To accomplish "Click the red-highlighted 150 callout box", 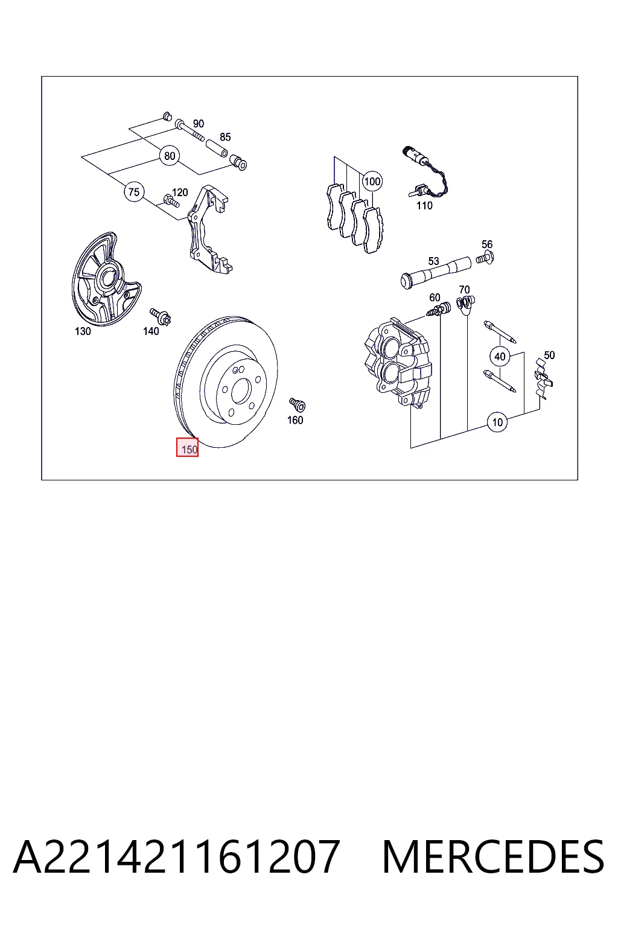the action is pyautogui.click(x=187, y=447).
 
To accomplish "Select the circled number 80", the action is pyautogui.click(x=170, y=156).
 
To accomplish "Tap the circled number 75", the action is pyautogui.click(x=134, y=192).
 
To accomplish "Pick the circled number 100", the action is pyautogui.click(x=372, y=181).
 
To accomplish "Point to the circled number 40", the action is pyautogui.click(x=500, y=356).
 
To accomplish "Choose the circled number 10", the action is pyautogui.click(x=497, y=422).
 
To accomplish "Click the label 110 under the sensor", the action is pyautogui.click(x=424, y=206).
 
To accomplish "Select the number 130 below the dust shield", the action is pyautogui.click(x=83, y=331).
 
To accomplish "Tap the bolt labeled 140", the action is pyautogui.click(x=161, y=317).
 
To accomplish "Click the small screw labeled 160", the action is pyautogui.click(x=297, y=404).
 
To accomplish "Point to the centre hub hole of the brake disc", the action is pyautogui.click(x=241, y=392).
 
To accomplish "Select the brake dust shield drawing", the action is pyautogui.click(x=106, y=279).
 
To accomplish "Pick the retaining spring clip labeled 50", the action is pyautogui.click(x=544, y=379).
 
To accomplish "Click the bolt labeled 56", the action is pyautogui.click(x=485, y=258).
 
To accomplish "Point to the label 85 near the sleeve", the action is pyautogui.click(x=225, y=137).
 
